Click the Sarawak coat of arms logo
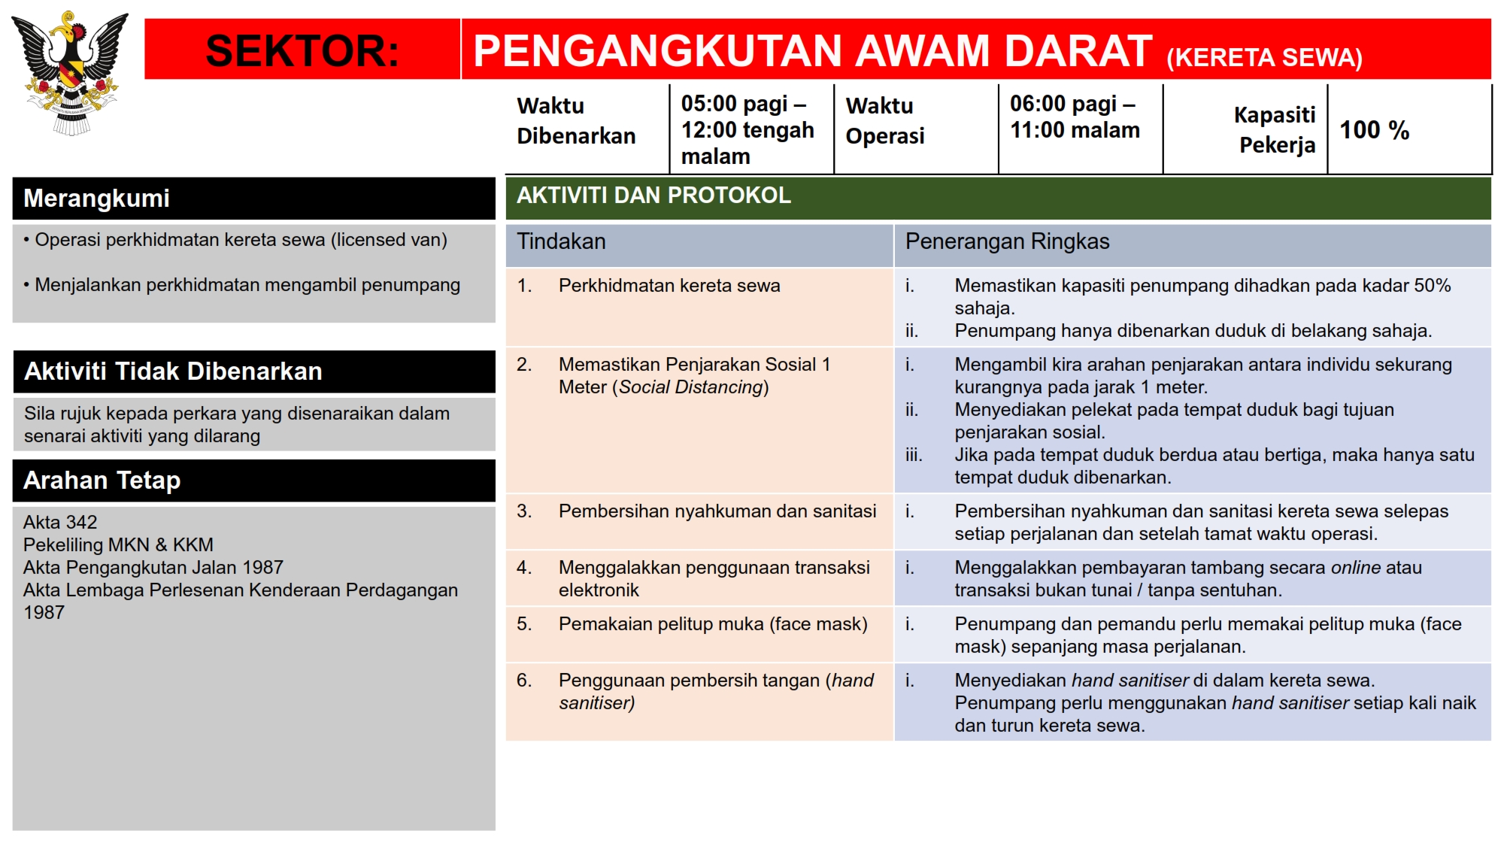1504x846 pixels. pos(71,72)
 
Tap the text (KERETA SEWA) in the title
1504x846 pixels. pos(1264,58)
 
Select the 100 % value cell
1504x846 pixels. pos(1374,130)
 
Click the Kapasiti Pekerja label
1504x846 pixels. pos(1275,129)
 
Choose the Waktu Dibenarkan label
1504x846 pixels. pos(576,121)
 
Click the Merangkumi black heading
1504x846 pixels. pos(96,199)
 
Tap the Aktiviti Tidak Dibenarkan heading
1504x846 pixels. pos(173,371)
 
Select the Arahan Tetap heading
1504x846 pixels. pos(102,481)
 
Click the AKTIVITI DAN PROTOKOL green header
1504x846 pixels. pos(653,196)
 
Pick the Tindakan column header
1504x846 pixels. pos(561,241)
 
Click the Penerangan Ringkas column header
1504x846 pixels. pos(1007,241)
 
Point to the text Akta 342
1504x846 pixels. pos(60,522)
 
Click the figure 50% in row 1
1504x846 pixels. pos(1432,286)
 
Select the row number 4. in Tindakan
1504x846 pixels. pos(524,568)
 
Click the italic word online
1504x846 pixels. pos(1356,568)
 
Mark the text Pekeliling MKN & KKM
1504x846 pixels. pos(118,544)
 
